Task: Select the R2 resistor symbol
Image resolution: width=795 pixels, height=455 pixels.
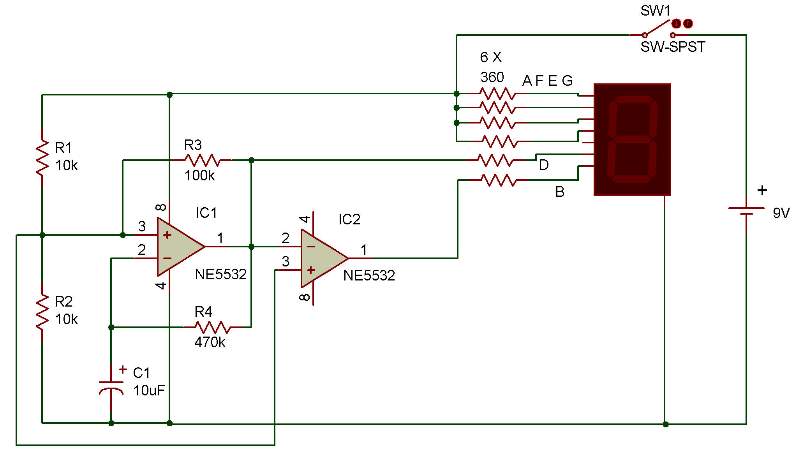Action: tap(42, 312)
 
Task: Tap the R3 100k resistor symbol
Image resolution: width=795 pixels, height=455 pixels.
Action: tap(202, 160)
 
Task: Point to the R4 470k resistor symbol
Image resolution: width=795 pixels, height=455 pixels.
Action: tap(213, 327)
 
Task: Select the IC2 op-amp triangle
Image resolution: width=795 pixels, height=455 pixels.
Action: tap(324, 258)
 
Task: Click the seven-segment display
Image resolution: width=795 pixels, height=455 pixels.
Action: tap(632, 139)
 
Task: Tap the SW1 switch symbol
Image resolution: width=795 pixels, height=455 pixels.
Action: tap(659, 29)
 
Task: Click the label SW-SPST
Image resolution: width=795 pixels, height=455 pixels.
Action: tap(673, 47)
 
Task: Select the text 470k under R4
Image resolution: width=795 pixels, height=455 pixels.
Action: tap(210, 342)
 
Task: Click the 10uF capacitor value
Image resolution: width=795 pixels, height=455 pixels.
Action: tap(149, 390)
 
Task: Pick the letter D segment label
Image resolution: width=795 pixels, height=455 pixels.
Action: tap(544, 165)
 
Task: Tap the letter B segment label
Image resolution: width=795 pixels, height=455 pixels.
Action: tap(560, 192)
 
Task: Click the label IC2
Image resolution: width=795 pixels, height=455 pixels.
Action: tap(349, 219)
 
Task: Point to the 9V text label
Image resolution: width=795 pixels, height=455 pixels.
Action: tap(781, 213)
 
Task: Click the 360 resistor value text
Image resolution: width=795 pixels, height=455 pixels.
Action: tap(492, 77)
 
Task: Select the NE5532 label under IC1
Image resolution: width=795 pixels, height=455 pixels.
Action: tap(220, 275)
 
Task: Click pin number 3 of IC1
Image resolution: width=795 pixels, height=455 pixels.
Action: tap(142, 226)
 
